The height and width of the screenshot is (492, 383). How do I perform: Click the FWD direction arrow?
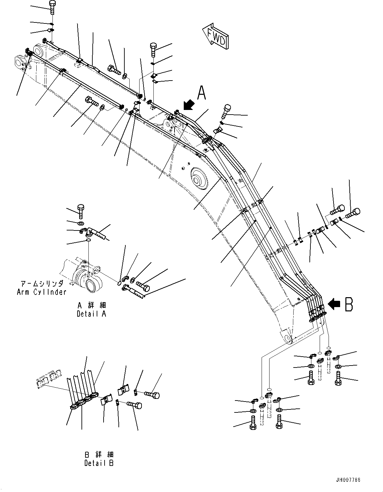(x=215, y=36)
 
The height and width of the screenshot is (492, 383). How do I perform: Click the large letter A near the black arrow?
(x=202, y=93)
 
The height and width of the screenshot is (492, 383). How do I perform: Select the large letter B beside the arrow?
(x=348, y=304)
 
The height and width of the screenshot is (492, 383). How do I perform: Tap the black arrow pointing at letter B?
(x=335, y=304)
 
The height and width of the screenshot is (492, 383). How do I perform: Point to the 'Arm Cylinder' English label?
(x=42, y=292)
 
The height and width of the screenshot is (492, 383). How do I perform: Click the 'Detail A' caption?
(x=91, y=314)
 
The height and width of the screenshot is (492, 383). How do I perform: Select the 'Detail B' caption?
(x=99, y=463)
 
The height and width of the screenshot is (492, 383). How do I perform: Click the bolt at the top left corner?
(x=52, y=7)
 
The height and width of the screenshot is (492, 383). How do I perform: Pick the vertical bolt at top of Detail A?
(x=81, y=211)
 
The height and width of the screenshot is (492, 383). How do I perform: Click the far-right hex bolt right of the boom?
(x=353, y=213)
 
